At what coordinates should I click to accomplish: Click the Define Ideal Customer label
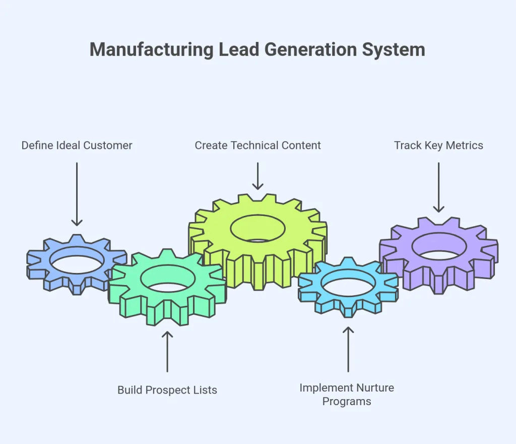coord(77,146)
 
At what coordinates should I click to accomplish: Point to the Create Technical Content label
coord(257,146)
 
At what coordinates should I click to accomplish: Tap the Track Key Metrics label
coord(438,146)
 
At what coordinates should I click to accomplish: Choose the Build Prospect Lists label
coord(167,390)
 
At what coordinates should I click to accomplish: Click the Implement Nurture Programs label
coord(347,395)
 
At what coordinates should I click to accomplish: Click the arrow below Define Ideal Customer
coord(77,194)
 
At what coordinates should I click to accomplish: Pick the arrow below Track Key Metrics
coord(438,187)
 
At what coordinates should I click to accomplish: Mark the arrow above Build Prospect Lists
coord(167,351)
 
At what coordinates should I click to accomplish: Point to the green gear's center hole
coord(168,279)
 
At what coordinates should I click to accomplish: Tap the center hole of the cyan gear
coord(348,285)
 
